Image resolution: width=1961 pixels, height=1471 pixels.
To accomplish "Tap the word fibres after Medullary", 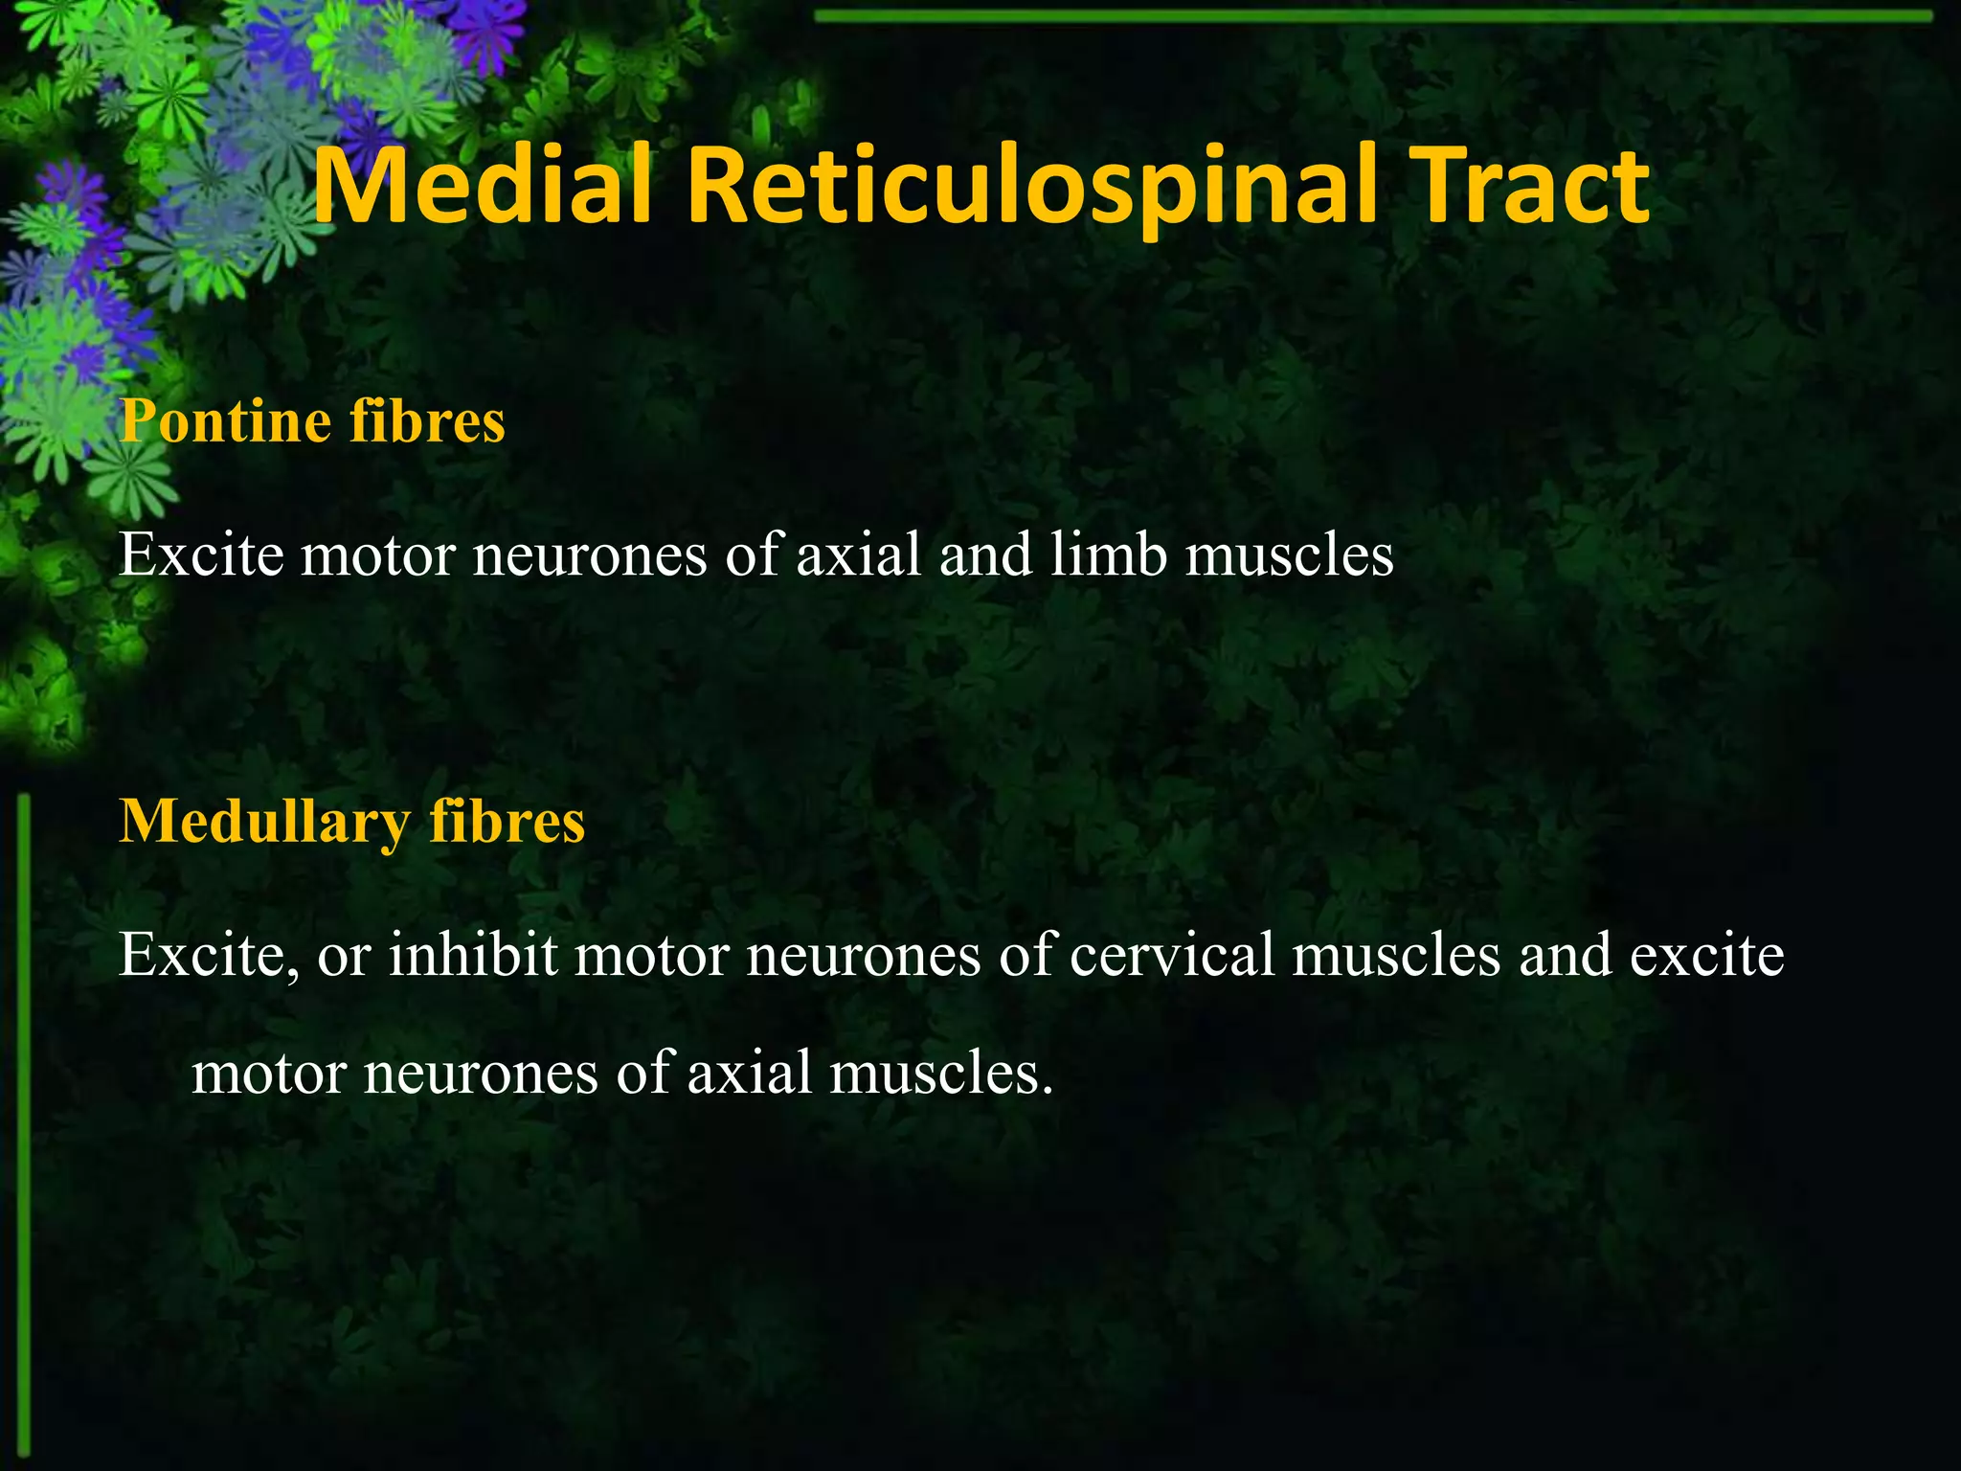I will [x=507, y=822].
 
